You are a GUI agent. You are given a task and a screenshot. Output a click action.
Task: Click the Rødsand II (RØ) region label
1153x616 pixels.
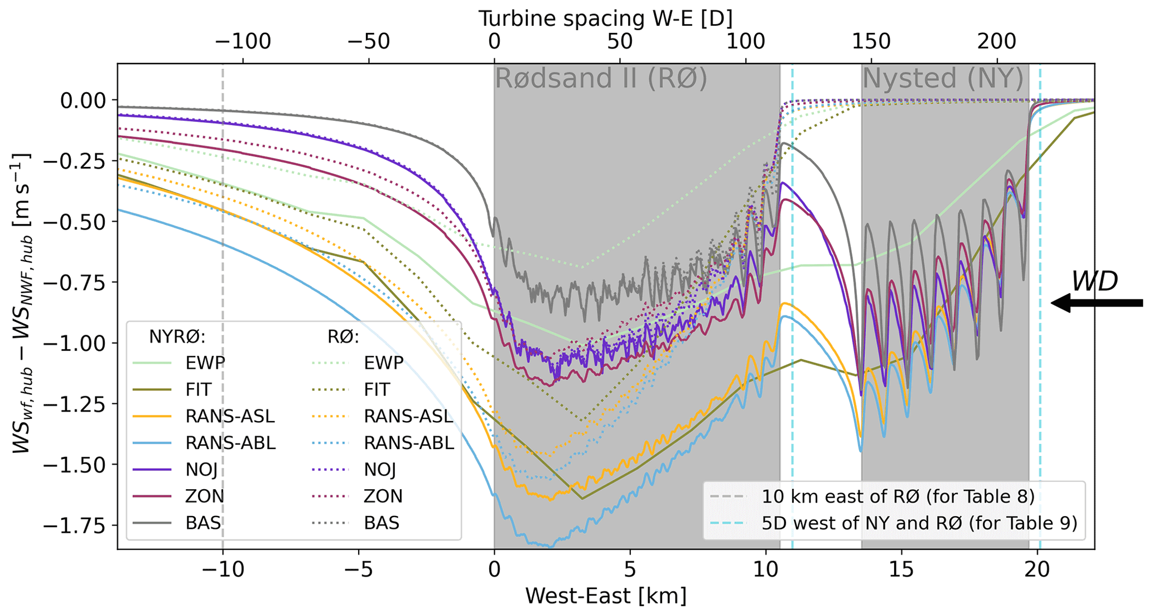601,79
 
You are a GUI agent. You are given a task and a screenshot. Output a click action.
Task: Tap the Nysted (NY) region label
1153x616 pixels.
943,79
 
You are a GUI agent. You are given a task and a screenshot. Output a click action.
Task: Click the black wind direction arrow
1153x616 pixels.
1096,303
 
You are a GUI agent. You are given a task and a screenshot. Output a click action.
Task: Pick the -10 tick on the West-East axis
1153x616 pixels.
223,570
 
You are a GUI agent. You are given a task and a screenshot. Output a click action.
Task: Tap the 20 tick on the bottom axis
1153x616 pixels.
1037,570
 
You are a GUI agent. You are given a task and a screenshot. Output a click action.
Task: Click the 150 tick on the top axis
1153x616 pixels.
871,41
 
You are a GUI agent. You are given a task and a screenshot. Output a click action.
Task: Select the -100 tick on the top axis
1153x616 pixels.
243,41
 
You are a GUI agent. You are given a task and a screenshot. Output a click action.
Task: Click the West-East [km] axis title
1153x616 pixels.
605,596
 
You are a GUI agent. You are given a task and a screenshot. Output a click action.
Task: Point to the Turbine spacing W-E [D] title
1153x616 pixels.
605,19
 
